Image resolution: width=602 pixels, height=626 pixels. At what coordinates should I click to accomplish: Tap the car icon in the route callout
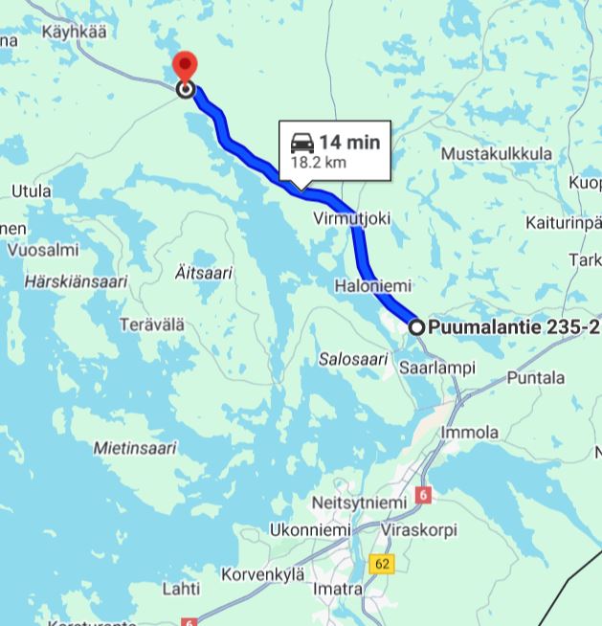pyautogui.click(x=302, y=143)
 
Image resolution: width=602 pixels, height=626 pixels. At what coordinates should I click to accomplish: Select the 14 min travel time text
pyautogui.click(x=349, y=143)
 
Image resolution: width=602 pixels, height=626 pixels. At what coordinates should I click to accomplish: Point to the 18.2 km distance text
pyautogui.click(x=318, y=163)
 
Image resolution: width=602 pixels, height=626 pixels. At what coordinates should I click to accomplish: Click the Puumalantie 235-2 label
pyautogui.click(x=513, y=327)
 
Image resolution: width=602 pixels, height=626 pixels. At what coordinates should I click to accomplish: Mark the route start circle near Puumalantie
pyautogui.click(x=417, y=327)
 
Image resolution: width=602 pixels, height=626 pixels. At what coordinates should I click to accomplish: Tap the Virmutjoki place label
pyautogui.click(x=352, y=218)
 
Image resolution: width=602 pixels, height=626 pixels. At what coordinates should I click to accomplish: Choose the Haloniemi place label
pyautogui.click(x=372, y=285)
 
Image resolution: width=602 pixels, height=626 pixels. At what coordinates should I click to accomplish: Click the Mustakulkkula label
pyautogui.click(x=497, y=154)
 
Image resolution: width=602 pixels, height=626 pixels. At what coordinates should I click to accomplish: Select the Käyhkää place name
pyautogui.click(x=73, y=32)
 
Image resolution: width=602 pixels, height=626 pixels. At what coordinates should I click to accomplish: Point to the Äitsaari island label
pyautogui.click(x=204, y=273)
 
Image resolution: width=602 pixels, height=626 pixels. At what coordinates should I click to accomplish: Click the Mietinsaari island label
pyautogui.click(x=135, y=447)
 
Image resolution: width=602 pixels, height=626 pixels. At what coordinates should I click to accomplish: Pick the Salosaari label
pyautogui.click(x=353, y=359)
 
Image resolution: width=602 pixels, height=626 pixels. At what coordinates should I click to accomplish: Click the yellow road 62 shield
pyautogui.click(x=383, y=564)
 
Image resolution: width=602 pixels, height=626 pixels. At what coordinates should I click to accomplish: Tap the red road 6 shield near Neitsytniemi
pyautogui.click(x=424, y=496)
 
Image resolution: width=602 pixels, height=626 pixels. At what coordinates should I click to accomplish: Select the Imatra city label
pyautogui.click(x=338, y=588)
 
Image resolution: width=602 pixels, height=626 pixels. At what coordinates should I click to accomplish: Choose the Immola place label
pyautogui.click(x=469, y=433)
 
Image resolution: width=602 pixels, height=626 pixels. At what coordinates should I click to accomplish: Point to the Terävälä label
pyautogui.click(x=151, y=324)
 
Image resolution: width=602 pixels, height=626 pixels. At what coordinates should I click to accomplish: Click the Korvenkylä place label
pyautogui.click(x=262, y=574)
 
